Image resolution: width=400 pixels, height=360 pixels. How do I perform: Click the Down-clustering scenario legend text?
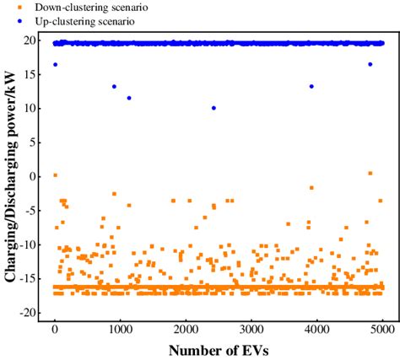73,8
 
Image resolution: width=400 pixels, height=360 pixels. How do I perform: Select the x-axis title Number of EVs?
219,349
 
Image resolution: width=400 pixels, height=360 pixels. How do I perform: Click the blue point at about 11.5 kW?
129,98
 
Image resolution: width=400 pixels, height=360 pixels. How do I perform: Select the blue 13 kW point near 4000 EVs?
311,86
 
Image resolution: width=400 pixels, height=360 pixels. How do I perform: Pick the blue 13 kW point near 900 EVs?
114,86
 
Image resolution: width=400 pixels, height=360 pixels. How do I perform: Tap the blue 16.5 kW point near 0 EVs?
56,64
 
